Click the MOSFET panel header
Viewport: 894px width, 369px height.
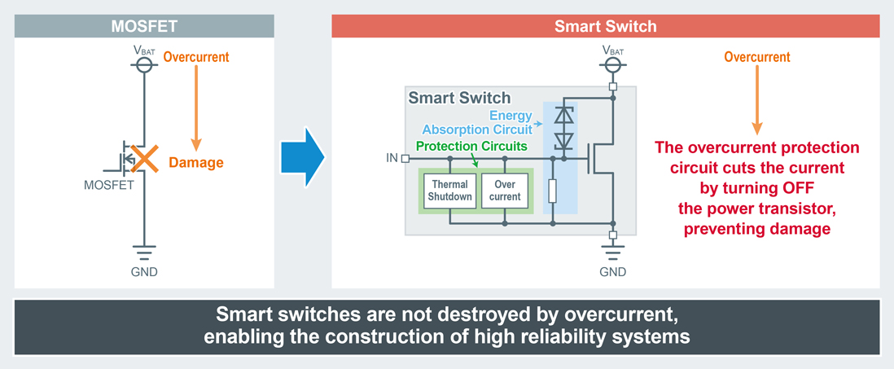[x=144, y=26]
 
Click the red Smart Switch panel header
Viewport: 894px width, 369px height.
[x=605, y=26]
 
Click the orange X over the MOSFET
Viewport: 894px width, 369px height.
[x=144, y=159]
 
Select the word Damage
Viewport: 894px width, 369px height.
[x=195, y=162]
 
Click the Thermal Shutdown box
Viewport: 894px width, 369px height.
[x=450, y=191]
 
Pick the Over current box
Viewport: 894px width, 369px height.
[x=505, y=191]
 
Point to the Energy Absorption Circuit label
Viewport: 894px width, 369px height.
[x=479, y=122]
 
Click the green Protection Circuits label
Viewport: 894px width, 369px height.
[x=471, y=147]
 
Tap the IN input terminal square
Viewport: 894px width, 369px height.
[x=405, y=158]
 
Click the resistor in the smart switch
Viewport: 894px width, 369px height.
[x=552, y=191]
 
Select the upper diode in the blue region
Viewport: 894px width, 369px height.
[x=563, y=116]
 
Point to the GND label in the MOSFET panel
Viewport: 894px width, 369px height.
[x=144, y=272]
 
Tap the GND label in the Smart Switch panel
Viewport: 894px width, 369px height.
[x=612, y=272]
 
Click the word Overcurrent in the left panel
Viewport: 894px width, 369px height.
[x=196, y=57]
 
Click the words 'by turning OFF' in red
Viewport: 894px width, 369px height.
[x=757, y=188]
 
